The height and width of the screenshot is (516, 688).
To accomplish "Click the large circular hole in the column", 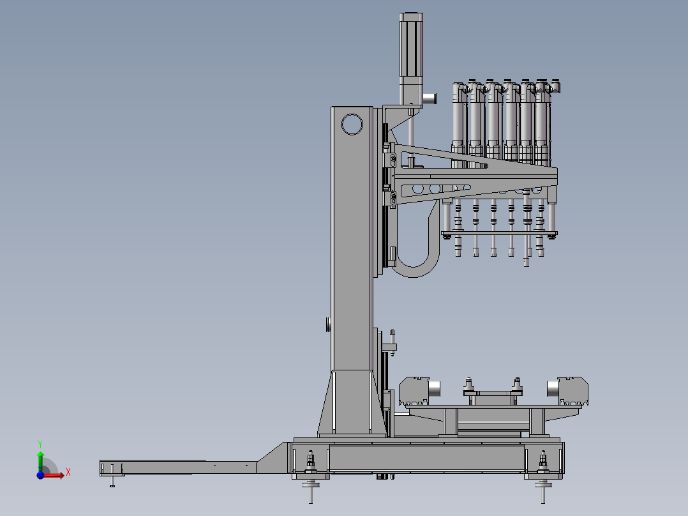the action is click(x=352, y=125).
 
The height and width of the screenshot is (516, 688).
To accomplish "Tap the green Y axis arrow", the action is click(x=40, y=461).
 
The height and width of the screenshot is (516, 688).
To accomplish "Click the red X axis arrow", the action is click(x=52, y=475).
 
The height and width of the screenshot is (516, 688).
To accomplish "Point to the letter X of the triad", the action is click(x=68, y=473).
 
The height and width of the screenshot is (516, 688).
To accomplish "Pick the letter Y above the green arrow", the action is click(x=40, y=444).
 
